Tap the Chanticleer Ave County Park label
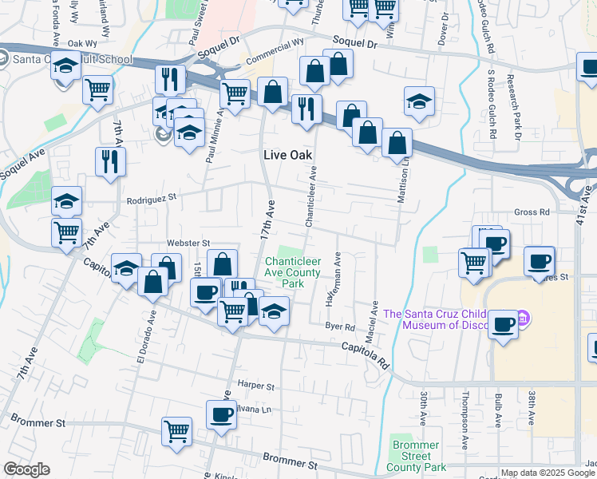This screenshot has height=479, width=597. [x=292, y=272]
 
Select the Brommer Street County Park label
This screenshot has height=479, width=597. [x=415, y=456]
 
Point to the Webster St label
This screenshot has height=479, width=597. [x=188, y=243]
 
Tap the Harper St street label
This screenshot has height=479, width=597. [x=255, y=386]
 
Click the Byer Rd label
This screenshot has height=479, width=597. [x=340, y=327]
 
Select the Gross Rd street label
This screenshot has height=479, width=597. [x=532, y=212]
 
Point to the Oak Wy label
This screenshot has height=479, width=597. [x=82, y=44]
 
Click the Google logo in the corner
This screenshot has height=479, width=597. [x=26, y=469]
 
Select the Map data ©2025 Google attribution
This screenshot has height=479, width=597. [x=548, y=473]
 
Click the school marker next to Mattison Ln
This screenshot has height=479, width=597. [x=419, y=100]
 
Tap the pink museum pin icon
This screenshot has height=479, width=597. [x=524, y=317]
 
